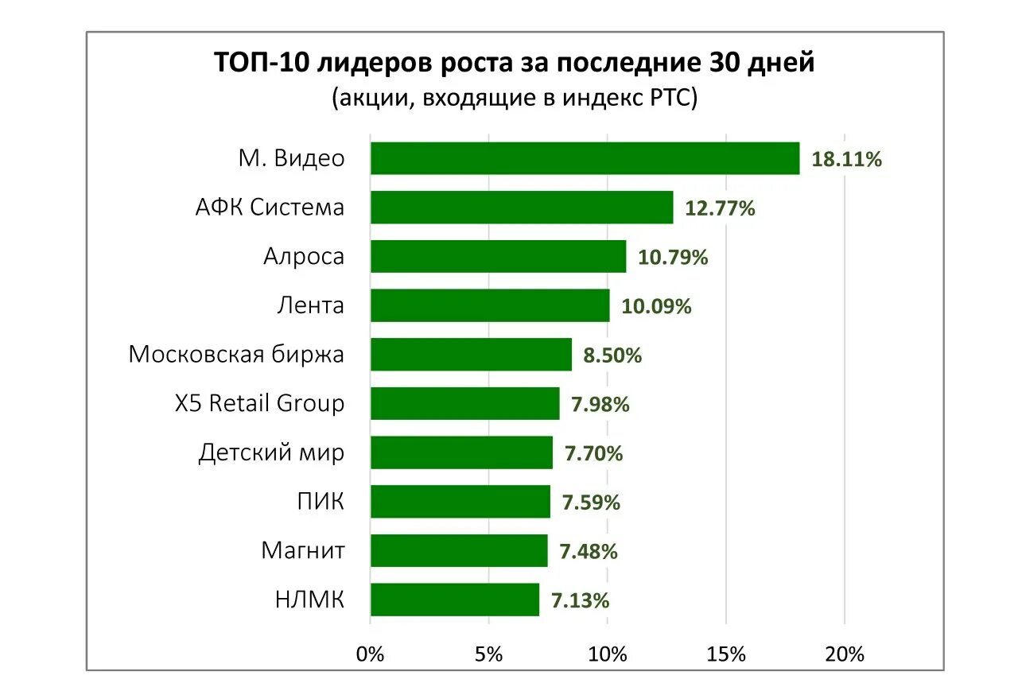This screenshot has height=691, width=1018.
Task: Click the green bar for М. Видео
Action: pyautogui.click(x=585, y=158)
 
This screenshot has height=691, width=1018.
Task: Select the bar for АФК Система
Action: pyautogui.click(x=522, y=208)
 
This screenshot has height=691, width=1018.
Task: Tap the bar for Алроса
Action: pyautogui.click(x=498, y=257)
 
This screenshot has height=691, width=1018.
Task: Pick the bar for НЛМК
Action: pyautogui.click(x=454, y=600)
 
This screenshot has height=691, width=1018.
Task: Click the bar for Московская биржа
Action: pyautogui.click(x=471, y=355)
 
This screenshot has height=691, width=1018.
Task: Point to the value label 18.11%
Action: pyautogui.click(x=846, y=159)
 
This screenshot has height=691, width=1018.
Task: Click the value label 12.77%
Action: pyautogui.click(x=720, y=208)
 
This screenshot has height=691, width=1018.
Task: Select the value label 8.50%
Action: pyautogui.click(x=612, y=355)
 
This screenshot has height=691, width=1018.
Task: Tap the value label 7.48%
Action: pyautogui.click(x=589, y=551)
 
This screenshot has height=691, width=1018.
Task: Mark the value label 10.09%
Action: pyautogui.click(x=656, y=306)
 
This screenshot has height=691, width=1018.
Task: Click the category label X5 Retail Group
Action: pyautogui.click(x=259, y=403)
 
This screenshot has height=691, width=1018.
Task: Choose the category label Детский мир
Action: pyautogui.click(x=271, y=452)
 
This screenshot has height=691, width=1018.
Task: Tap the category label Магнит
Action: pyautogui.click(x=303, y=550)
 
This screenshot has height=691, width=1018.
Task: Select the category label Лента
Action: pyautogui.click(x=311, y=305)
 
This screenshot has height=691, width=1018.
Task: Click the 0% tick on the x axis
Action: pyautogui.click(x=371, y=654)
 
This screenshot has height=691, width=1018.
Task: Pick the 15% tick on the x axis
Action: pyautogui.click(x=725, y=654)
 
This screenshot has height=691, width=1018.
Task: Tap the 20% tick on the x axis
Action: pyautogui.click(x=844, y=654)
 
